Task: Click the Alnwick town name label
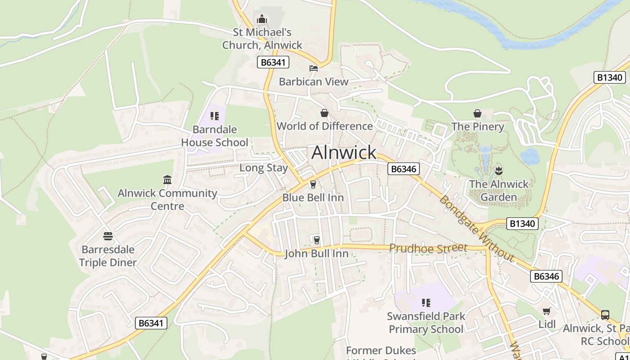344,153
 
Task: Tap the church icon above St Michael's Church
261,19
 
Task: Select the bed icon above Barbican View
314,68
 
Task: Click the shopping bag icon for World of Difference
324,113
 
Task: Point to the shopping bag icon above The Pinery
477,113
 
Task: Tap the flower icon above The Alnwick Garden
499,171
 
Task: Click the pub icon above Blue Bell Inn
313,184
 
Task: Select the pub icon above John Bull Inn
316,240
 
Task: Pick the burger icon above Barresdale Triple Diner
108,236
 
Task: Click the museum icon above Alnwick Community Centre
167,180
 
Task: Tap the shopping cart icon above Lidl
547,311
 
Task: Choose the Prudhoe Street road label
428,248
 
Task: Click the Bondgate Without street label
477,228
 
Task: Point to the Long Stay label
263,168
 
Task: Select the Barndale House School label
215,136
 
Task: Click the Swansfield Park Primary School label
426,323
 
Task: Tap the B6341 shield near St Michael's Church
273,62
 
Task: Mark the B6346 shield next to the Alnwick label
403,169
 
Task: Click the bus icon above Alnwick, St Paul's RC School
605,315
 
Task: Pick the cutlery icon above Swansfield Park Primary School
426,303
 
